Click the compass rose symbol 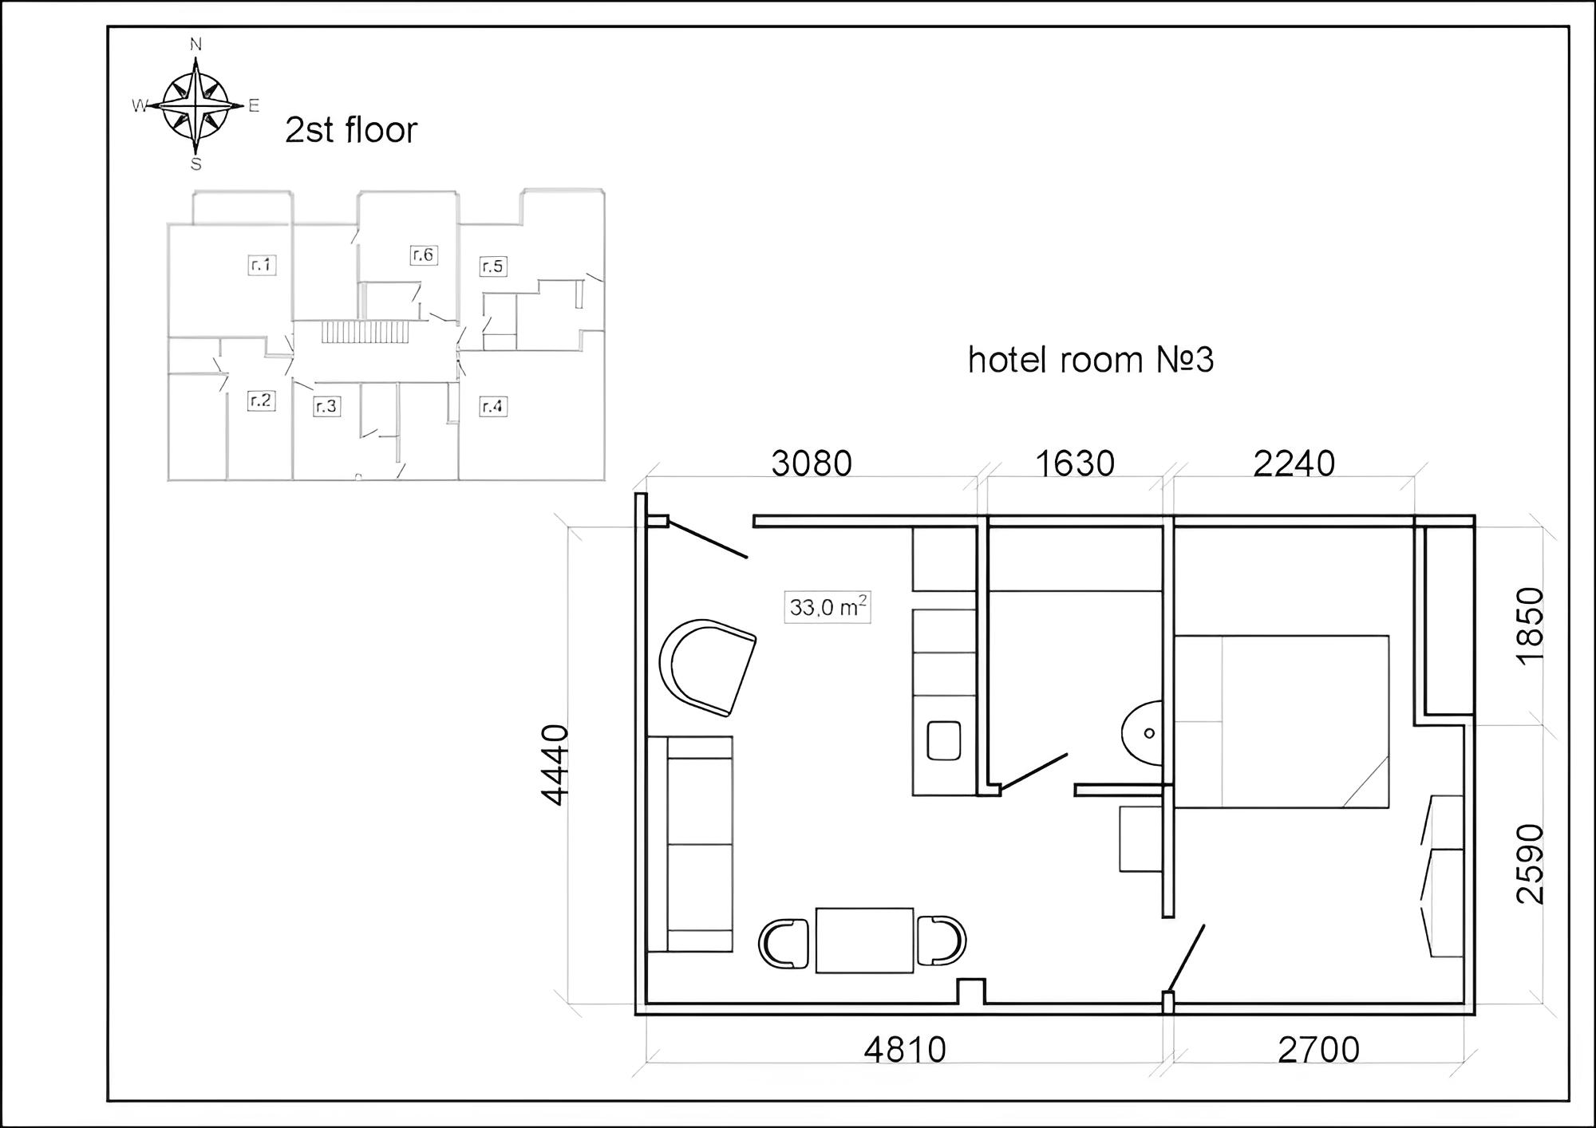tap(196, 105)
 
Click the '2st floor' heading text tap(351, 130)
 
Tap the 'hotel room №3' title tap(1091, 360)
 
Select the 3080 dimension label tap(812, 463)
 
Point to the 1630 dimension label tap(1075, 463)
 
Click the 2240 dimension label tap(1294, 463)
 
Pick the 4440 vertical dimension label tap(555, 764)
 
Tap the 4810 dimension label tap(905, 1050)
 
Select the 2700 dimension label tap(1319, 1050)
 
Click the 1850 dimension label tap(1531, 625)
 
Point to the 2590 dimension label tap(1531, 864)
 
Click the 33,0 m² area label tap(828, 607)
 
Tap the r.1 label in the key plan tap(262, 265)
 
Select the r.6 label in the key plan tap(424, 254)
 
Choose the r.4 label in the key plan tap(493, 407)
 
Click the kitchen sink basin tap(944, 740)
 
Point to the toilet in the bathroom tap(1142, 733)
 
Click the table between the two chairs tap(864, 940)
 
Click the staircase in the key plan tap(365, 332)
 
